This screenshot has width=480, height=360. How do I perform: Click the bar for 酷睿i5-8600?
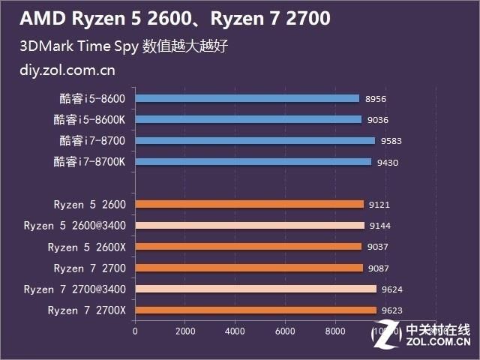tap(247, 98)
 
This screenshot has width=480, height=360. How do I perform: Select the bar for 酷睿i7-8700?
tap(255, 140)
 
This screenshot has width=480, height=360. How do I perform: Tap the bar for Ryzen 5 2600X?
tap(248, 247)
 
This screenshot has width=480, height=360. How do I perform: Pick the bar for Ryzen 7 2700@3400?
tap(256, 289)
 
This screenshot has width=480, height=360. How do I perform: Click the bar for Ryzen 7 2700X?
tap(256, 310)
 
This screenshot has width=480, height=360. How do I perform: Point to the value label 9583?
tap(389, 141)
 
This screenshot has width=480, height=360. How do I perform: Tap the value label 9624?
tap(391, 289)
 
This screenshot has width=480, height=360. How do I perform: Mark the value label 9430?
tap(385, 162)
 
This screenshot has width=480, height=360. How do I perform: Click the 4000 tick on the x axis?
tap(235, 329)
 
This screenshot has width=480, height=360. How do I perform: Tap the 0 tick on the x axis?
tap(135, 329)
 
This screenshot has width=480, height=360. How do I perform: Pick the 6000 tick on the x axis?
tap(284, 329)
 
